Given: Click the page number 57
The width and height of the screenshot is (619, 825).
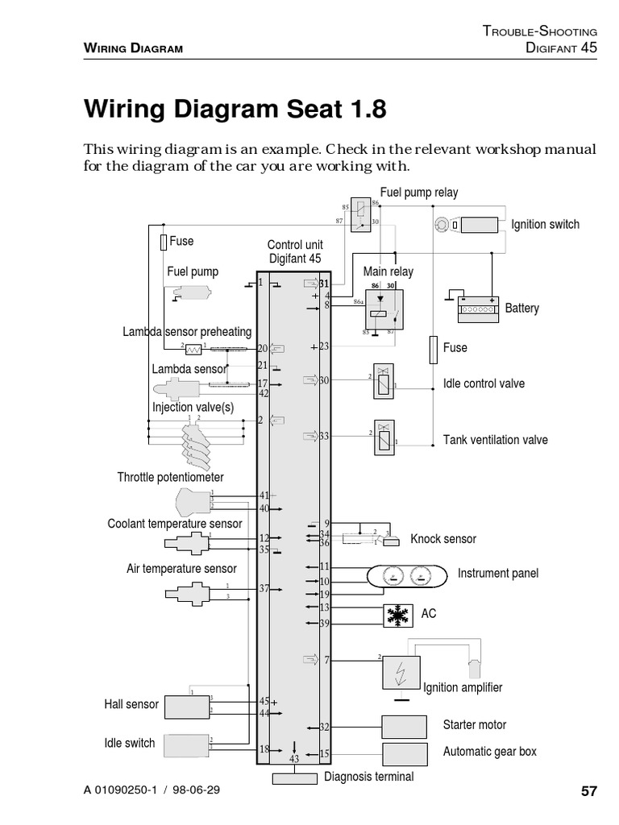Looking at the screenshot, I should (x=588, y=790).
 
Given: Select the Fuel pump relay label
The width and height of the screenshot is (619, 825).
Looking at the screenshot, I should (x=418, y=192).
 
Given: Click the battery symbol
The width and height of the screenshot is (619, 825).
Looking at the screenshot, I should (x=479, y=309).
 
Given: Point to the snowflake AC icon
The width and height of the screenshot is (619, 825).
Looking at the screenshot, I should (x=397, y=615).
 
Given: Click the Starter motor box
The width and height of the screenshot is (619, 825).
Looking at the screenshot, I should (x=406, y=726).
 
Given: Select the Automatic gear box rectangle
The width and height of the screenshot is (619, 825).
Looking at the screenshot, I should (x=406, y=753).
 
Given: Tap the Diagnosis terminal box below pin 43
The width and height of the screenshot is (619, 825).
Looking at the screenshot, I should (x=294, y=778).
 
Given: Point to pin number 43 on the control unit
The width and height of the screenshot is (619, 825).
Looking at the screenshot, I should (x=293, y=759).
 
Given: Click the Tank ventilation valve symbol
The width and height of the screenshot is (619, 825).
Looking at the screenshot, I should (x=383, y=439).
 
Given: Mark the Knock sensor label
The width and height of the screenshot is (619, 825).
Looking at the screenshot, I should (x=443, y=539).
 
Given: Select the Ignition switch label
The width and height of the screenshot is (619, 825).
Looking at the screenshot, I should (x=545, y=224).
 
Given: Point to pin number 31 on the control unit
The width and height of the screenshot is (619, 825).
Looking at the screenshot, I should (x=324, y=284).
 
